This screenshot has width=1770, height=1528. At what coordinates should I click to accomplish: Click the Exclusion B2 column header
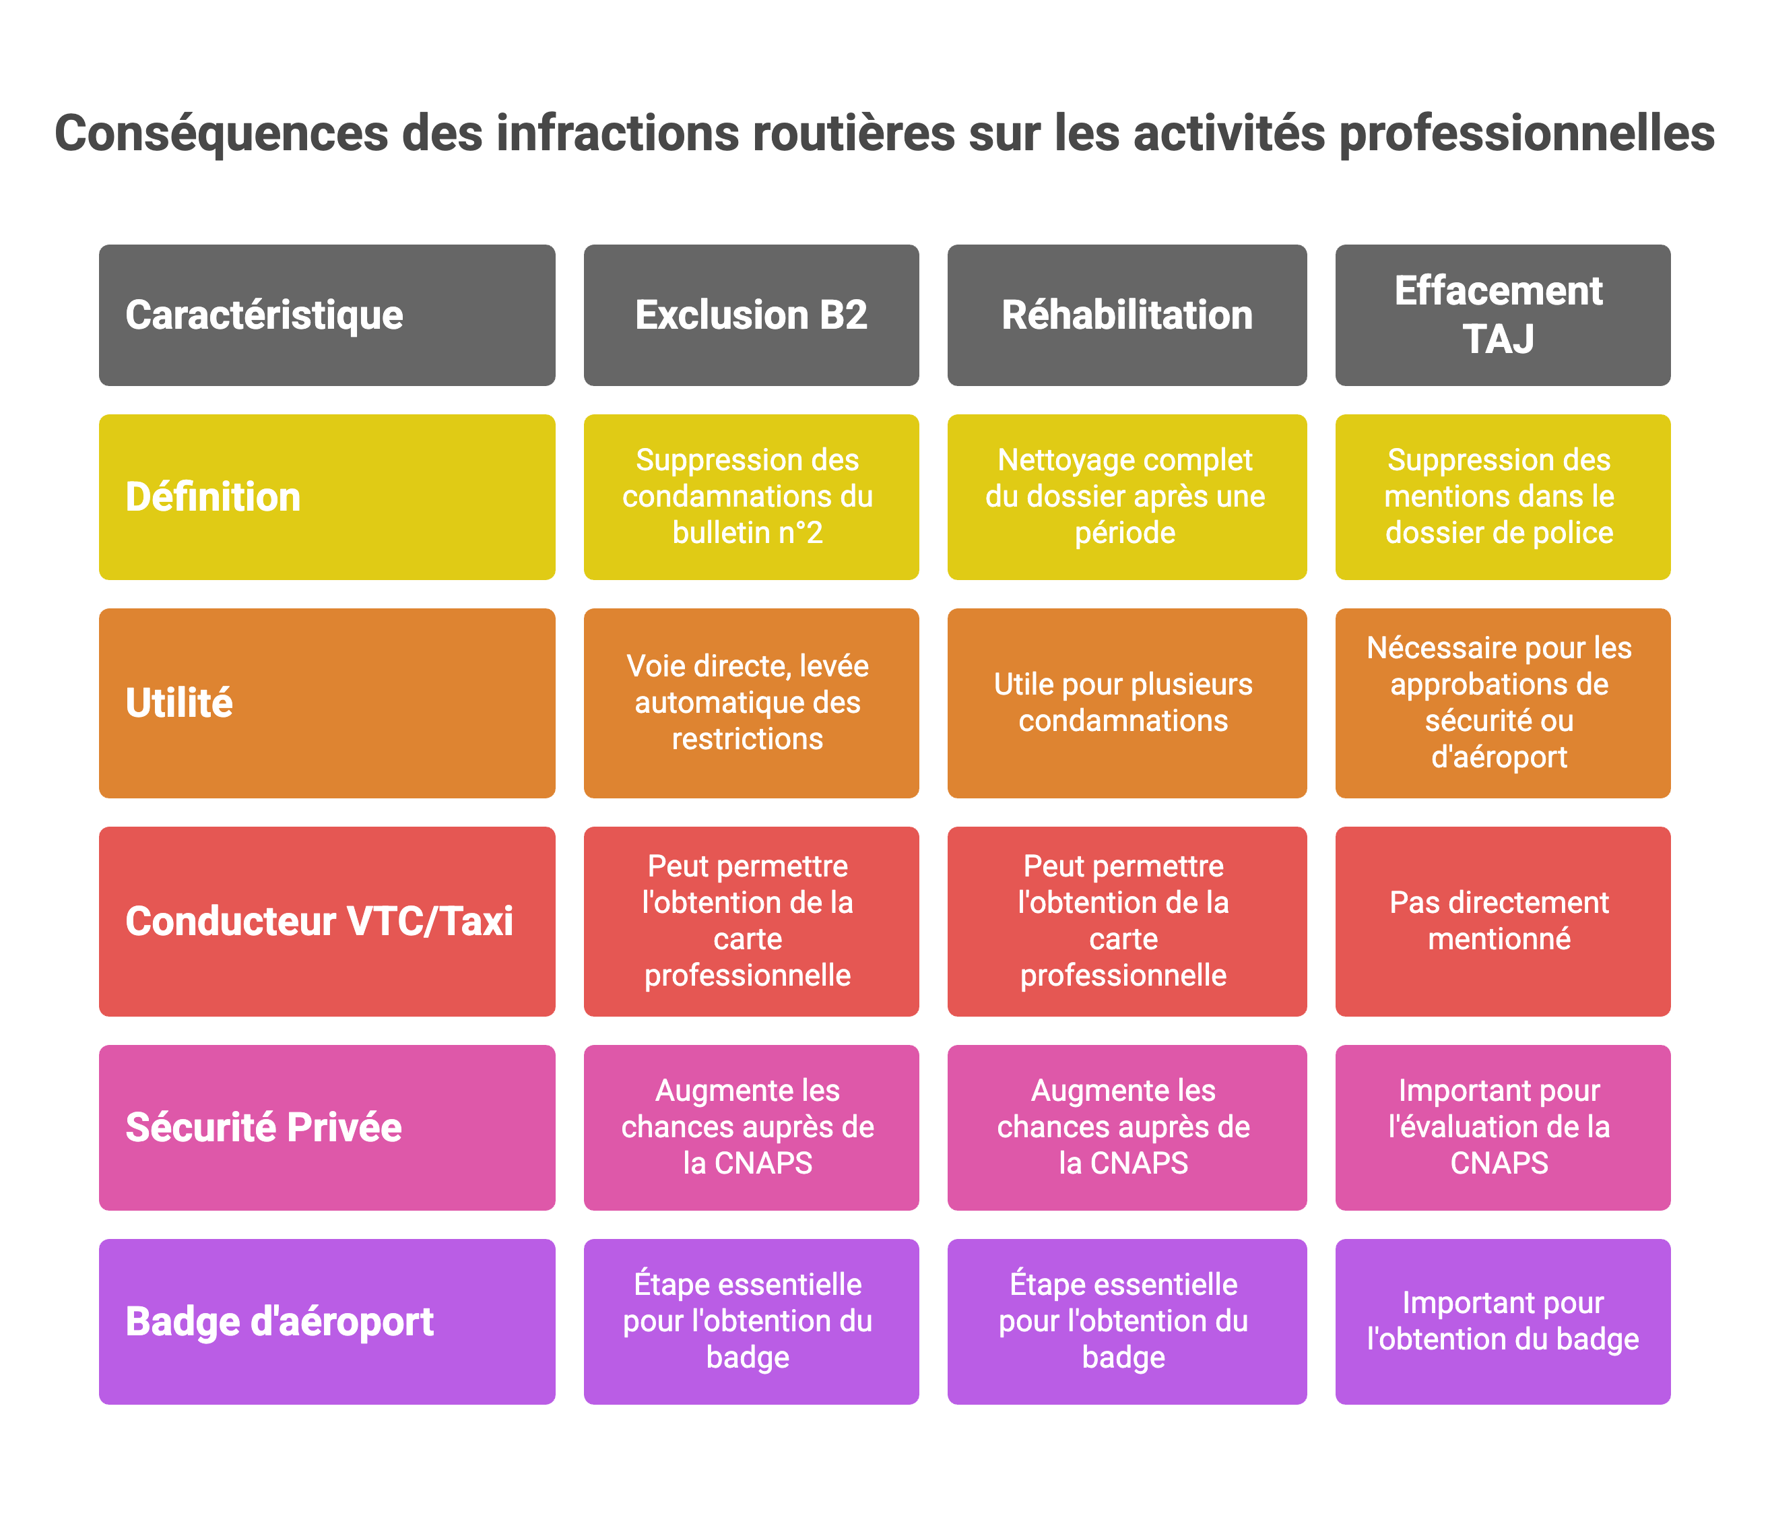(751, 315)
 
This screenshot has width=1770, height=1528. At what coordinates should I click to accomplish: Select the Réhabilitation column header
(1127, 315)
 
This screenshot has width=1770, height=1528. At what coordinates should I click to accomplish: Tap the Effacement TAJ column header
(1502, 315)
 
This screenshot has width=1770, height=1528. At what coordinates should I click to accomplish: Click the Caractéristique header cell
(327, 315)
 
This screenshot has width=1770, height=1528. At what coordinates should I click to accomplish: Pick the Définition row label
(327, 497)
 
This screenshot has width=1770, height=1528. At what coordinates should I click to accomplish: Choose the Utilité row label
(327, 703)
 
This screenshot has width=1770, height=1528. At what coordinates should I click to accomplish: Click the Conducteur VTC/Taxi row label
(327, 921)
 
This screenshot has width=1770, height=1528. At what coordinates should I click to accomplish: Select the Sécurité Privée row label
(327, 1127)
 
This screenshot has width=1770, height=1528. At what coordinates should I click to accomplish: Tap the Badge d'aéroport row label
(327, 1321)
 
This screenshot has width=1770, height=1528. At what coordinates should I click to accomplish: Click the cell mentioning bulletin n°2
(751, 497)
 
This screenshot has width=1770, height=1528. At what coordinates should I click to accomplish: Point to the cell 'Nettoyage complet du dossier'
(1127, 497)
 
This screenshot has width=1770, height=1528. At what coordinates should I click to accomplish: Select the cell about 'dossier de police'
(1502, 497)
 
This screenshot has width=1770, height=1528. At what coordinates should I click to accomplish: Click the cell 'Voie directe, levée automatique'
(751, 703)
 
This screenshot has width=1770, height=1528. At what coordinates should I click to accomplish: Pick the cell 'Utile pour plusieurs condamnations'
(1127, 703)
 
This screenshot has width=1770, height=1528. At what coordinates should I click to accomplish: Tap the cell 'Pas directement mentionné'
(1502, 921)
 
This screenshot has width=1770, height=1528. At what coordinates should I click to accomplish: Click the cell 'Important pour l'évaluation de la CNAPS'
(1502, 1127)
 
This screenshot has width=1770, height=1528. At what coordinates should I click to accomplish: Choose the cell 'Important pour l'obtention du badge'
(1502, 1321)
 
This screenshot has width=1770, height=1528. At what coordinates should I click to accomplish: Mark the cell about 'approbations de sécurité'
(1502, 703)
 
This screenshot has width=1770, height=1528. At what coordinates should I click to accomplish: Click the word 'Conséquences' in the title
(221, 134)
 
